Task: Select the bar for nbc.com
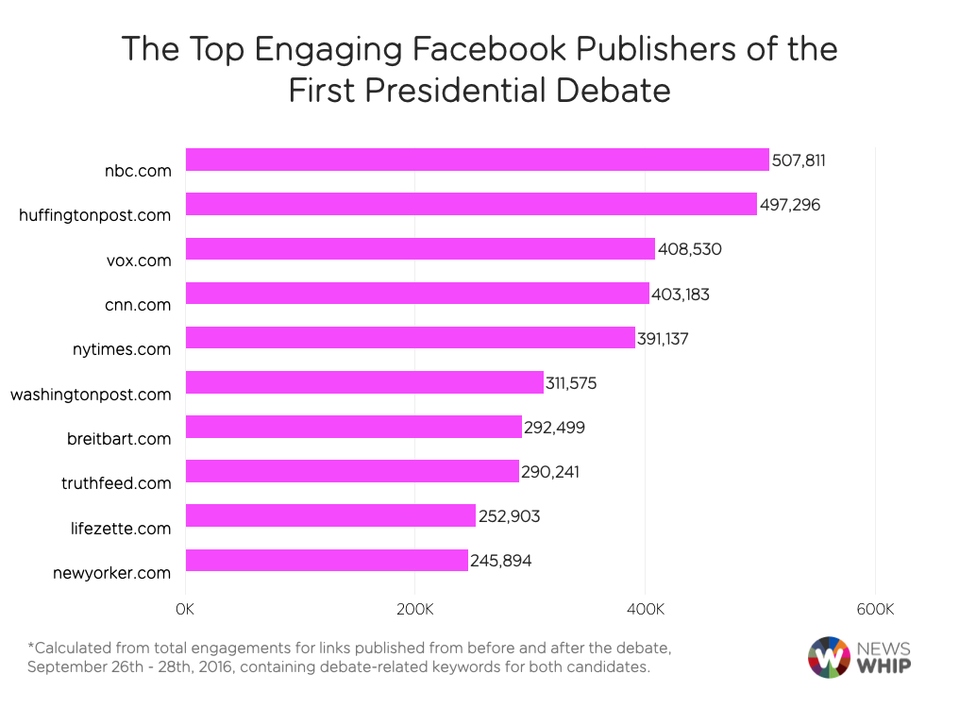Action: coord(477,160)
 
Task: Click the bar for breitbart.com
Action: coord(353,427)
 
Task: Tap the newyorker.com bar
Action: coord(327,560)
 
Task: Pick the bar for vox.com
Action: coord(420,249)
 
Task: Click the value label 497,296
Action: coord(788,205)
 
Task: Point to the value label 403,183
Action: coord(681,295)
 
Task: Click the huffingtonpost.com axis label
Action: coord(94,215)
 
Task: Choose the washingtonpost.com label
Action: coord(91,394)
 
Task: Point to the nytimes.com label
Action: coord(123,349)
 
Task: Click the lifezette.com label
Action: coord(122,528)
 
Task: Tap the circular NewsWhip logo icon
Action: coord(828,658)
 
